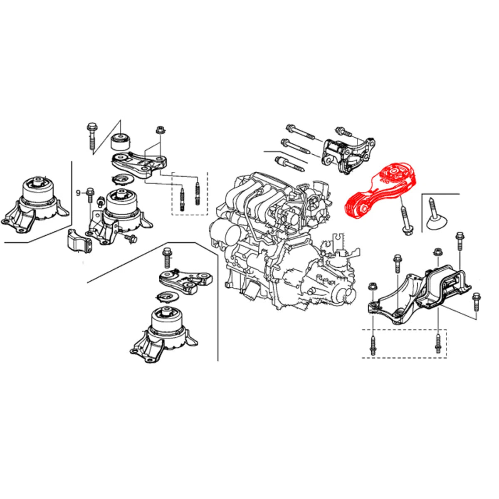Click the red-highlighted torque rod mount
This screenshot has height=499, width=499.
tap(380, 191)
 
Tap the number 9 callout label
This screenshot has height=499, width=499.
tap(78, 193)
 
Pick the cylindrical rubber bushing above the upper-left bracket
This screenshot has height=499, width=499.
tap(121, 142)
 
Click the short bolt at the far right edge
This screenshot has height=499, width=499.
tap(477, 304)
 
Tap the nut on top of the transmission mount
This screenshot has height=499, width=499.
tap(437, 252)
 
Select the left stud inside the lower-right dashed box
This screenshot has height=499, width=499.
tap(373, 345)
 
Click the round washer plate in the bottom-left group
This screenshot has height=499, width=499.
tap(167, 297)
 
